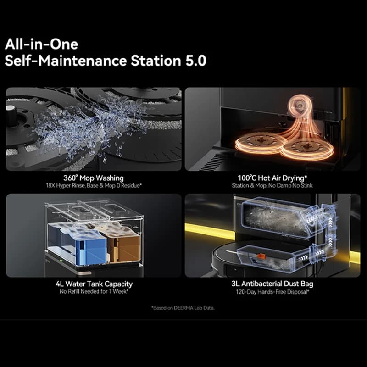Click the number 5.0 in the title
(196, 61)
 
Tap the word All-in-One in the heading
(41, 44)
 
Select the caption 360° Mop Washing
(94, 178)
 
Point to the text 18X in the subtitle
(50, 186)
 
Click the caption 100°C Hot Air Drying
(272, 178)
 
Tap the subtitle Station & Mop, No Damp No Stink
(272, 186)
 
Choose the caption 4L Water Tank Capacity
(94, 284)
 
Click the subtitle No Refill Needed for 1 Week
(94, 291)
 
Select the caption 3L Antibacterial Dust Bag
(272, 284)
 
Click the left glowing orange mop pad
(260, 142)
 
